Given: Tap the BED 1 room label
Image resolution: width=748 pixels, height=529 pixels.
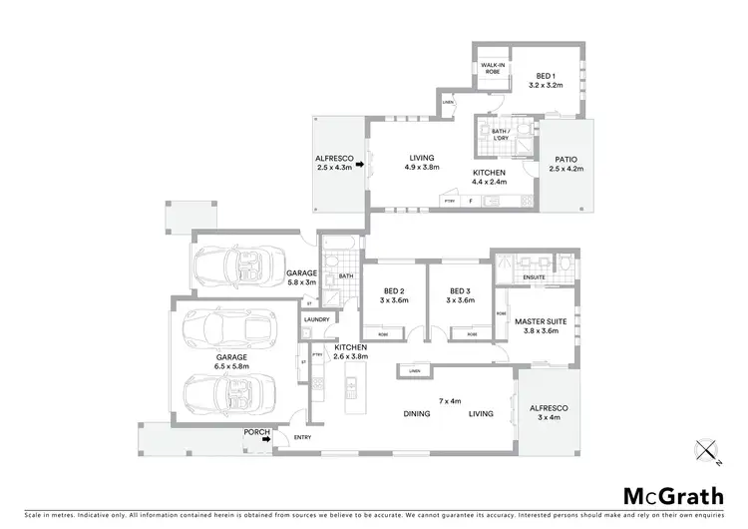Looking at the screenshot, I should (545, 76).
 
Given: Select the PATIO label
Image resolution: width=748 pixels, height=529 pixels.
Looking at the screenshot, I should (564, 160).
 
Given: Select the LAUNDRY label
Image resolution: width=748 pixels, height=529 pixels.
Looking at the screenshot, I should (316, 319).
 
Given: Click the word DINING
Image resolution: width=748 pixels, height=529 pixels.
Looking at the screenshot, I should (417, 413).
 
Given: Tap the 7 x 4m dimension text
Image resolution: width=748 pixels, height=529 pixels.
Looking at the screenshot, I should (452, 400).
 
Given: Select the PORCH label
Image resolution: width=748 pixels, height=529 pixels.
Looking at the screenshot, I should (254, 432).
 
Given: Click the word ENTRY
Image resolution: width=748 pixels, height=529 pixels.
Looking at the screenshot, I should (302, 437).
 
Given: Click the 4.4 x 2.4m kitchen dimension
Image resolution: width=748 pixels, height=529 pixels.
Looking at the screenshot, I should (490, 182).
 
